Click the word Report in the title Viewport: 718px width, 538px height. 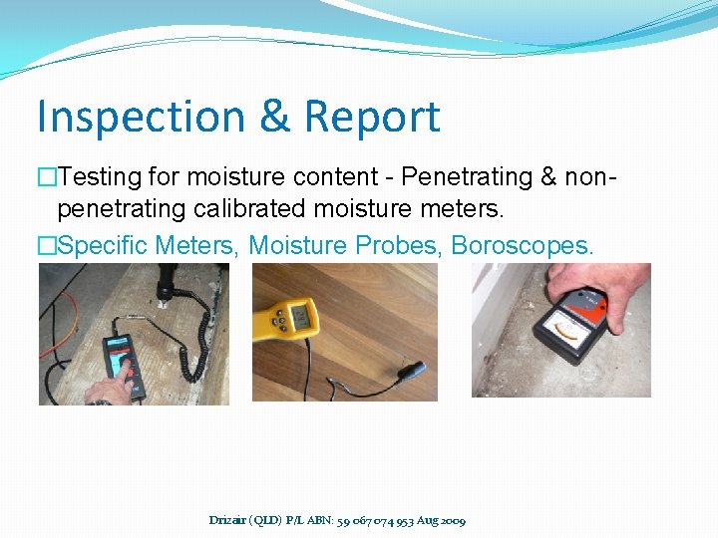pyautogui.click(x=371, y=117)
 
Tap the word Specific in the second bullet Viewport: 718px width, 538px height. pyautogui.click(x=102, y=245)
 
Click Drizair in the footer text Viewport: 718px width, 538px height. pyautogui.click(x=230, y=520)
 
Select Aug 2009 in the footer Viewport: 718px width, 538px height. pyautogui.click(x=442, y=520)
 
